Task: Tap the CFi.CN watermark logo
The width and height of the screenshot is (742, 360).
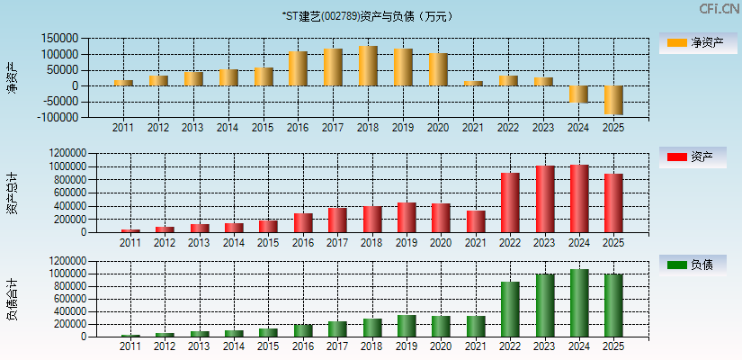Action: (x=719, y=9)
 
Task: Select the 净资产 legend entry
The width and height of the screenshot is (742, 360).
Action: (x=693, y=43)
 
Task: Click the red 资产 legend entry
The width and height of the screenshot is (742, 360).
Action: (x=693, y=157)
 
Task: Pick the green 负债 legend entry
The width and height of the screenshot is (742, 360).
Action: (x=693, y=265)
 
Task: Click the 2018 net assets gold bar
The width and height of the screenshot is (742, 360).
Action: (x=368, y=66)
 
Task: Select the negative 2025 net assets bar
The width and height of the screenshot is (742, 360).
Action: (x=613, y=100)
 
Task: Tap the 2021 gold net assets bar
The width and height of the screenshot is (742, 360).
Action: (x=473, y=83)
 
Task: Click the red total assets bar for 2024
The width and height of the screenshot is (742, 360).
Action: (x=579, y=198)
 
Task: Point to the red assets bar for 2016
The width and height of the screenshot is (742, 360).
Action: (x=303, y=222)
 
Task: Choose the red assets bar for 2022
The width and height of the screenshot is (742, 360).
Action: (x=510, y=202)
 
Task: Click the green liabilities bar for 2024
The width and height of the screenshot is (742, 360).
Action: (x=579, y=302)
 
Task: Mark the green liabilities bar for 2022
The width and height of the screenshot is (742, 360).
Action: (x=510, y=309)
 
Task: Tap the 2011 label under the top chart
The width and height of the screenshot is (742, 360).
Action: (x=123, y=128)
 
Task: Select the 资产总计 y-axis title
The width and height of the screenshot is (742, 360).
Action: (x=12, y=193)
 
